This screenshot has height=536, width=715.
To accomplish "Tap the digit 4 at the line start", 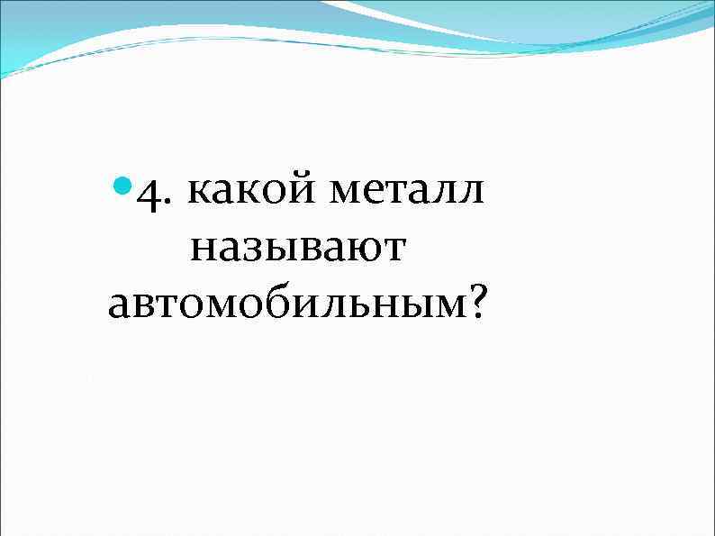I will pos(148,195).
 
